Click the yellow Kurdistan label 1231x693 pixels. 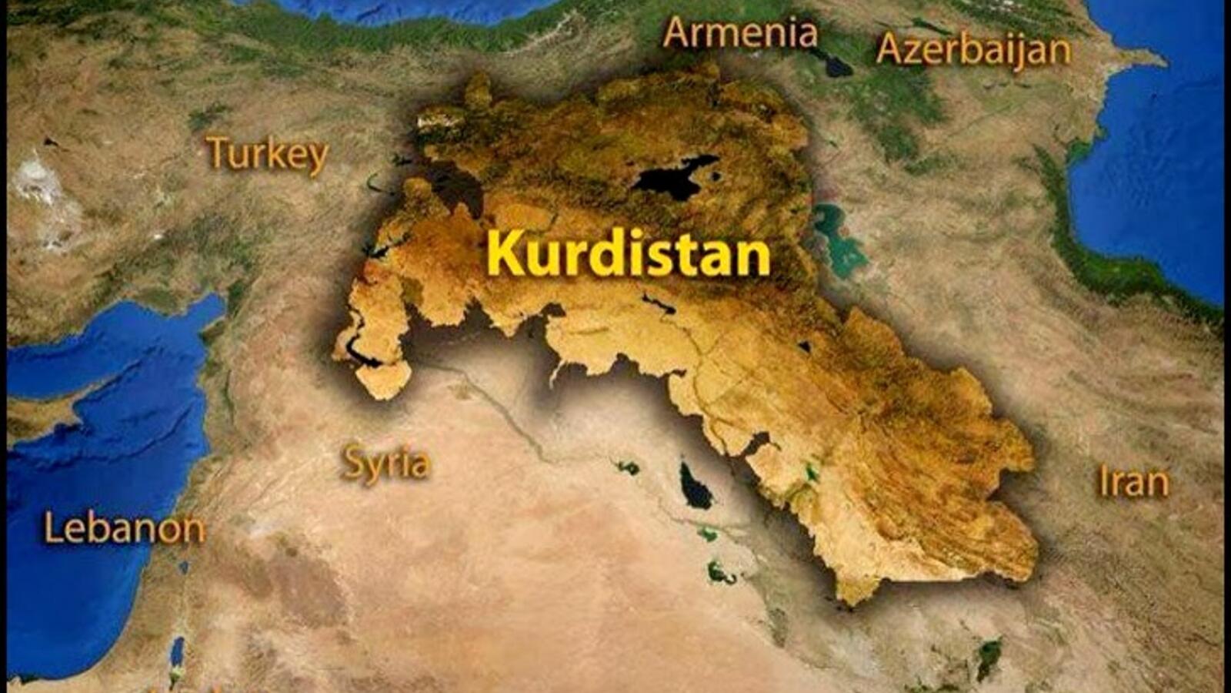pos(628,253)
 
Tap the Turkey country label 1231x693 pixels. pos(267,154)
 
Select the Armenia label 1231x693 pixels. pos(740,33)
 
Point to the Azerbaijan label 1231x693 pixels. pos(973,50)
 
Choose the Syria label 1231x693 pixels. pos(385,463)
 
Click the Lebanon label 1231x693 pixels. pos(125,529)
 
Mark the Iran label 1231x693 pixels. pos(1133,482)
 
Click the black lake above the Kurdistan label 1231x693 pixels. pos(675,178)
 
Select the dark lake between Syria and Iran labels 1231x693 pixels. pos(695,486)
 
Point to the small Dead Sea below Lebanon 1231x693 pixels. pos(177,651)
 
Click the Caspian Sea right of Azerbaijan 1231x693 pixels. pos(1154,154)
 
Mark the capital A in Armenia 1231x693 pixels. pos(677,33)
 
